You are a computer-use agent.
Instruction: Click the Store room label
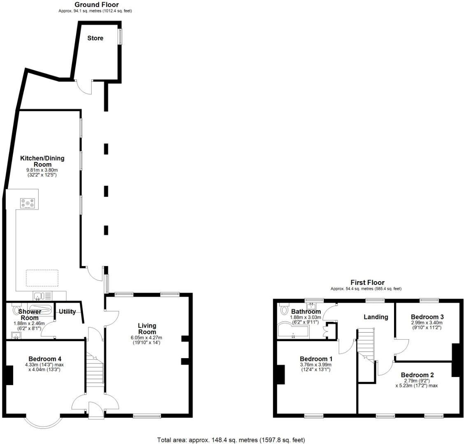pyautogui.click(x=95, y=38)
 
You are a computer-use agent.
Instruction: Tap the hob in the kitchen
pyautogui.click(x=28, y=203)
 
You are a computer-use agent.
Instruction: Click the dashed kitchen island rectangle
pyautogui.click(x=42, y=277)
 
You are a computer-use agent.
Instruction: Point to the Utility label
pyautogui.click(x=67, y=312)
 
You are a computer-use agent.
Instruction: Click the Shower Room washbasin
pyautogui.click(x=16, y=336)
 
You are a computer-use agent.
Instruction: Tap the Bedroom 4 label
pyautogui.click(x=45, y=358)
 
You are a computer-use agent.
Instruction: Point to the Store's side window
pyautogui.click(x=120, y=36)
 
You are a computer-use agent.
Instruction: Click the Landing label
pyautogui.click(x=376, y=317)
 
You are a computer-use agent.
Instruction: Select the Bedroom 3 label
pyautogui.click(x=427, y=317)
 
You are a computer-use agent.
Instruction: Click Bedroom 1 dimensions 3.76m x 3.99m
pyautogui.click(x=315, y=364)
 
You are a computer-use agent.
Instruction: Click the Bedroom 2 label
pyautogui.click(x=417, y=375)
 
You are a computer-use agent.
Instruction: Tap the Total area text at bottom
pyautogui.click(x=232, y=440)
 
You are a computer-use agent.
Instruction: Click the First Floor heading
pyautogui.click(x=367, y=282)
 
